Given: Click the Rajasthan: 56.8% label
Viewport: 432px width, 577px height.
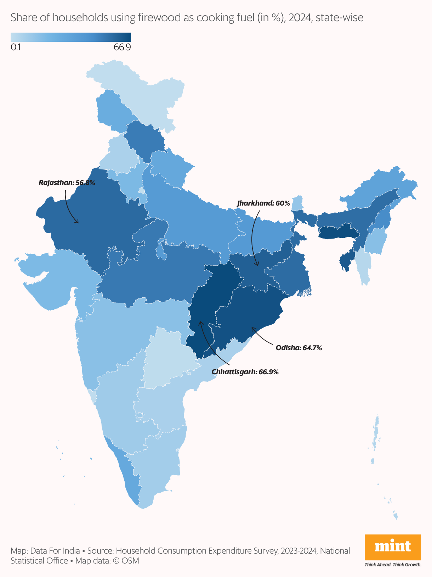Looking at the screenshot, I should coord(67,183).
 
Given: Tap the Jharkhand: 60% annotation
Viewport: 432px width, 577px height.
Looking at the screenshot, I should coord(263,203).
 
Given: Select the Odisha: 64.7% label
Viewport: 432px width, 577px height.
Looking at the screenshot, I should coord(299,348).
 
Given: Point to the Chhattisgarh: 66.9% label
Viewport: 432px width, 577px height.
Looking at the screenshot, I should coord(245,372).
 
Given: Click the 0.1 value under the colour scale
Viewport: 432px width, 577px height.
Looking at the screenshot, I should coord(16,47).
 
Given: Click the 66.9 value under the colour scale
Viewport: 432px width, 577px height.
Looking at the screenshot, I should coord(122,47).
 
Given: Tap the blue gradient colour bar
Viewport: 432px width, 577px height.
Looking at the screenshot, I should coord(71,37).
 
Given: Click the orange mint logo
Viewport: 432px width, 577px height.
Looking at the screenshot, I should coord(393,547).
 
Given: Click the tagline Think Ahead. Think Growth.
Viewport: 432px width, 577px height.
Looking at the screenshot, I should coord(393,565).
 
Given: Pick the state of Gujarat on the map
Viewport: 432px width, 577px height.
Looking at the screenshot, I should coord(53,280).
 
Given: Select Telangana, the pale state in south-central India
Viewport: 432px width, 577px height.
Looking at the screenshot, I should coord(166,358).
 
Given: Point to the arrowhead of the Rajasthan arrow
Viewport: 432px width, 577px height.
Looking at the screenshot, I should coord(78,222).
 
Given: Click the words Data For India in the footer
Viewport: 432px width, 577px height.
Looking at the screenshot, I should coord(55,551).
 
